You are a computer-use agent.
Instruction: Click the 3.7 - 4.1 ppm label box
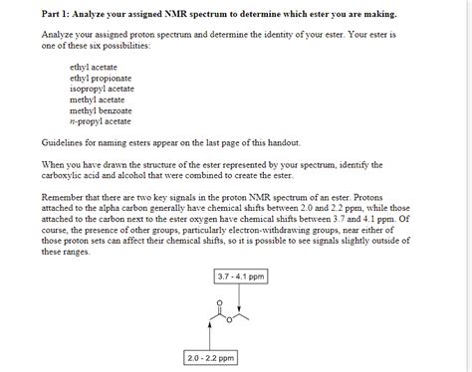pyautogui.click(x=239, y=276)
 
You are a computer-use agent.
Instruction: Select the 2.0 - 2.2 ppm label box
pyautogui.click(x=210, y=356)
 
